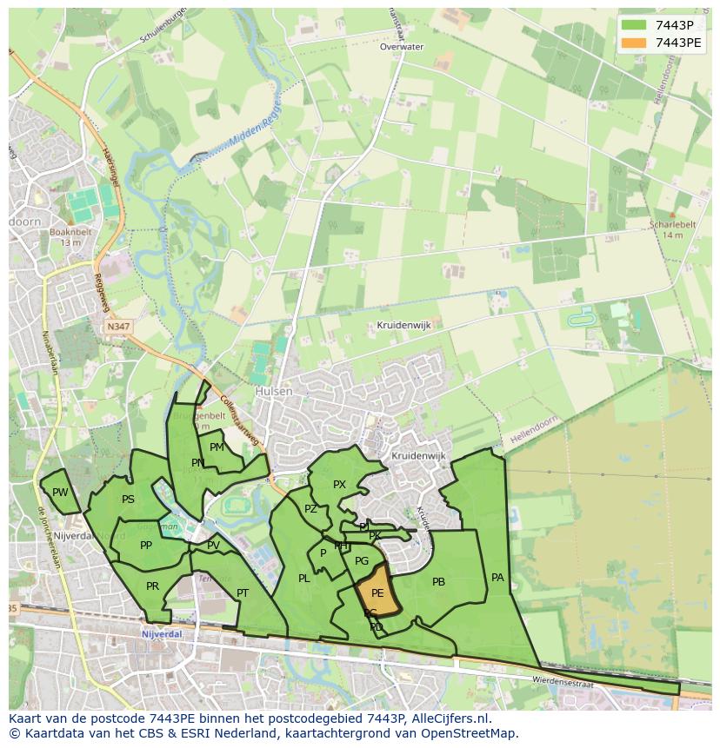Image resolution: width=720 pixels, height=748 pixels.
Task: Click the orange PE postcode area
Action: (x=377, y=592)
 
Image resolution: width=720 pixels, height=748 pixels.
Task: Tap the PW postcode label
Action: (x=60, y=493)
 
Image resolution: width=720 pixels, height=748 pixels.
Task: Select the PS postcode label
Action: (x=128, y=500)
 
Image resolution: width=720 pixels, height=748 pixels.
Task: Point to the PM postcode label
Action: (x=217, y=447)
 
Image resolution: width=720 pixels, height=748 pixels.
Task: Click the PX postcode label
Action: (x=339, y=485)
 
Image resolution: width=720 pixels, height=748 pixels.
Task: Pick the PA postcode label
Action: (x=497, y=577)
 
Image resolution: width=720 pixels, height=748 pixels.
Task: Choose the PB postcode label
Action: (x=438, y=582)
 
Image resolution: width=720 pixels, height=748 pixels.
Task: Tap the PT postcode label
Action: (x=243, y=593)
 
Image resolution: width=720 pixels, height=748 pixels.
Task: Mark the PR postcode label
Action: (x=152, y=586)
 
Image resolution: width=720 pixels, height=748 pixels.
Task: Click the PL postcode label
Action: (x=303, y=579)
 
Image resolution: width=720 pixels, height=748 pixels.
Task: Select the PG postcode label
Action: (x=362, y=562)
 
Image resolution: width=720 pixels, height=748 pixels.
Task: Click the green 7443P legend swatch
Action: (x=635, y=25)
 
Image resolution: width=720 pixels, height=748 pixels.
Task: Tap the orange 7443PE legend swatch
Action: (x=635, y=42)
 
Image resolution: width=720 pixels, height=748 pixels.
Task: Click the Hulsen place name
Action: (x=274, y=392)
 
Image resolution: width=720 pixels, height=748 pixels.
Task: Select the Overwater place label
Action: (x=402, y=47)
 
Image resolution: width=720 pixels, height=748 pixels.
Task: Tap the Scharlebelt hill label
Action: (x=673, y=224)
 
